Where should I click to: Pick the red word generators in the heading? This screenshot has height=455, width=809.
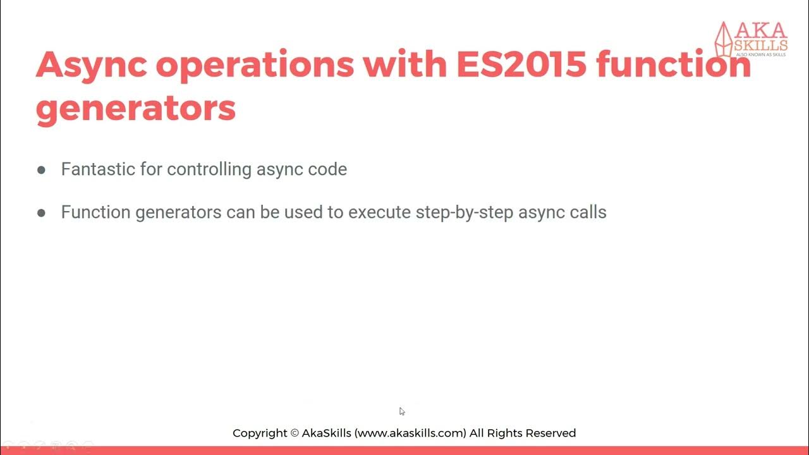[136, 109]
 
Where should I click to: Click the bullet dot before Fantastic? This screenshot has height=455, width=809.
[42, 170]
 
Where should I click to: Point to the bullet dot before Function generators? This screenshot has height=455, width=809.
[42, 213]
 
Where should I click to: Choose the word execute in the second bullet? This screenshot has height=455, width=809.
[379, 212]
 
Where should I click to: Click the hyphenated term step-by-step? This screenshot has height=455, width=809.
[465, 212]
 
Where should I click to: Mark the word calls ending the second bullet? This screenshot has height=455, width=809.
[588, 212]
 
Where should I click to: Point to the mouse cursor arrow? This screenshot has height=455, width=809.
[402, 411]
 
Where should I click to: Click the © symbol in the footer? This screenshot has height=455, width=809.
[294, 434]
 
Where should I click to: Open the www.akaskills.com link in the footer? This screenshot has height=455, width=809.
[411, 434]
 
